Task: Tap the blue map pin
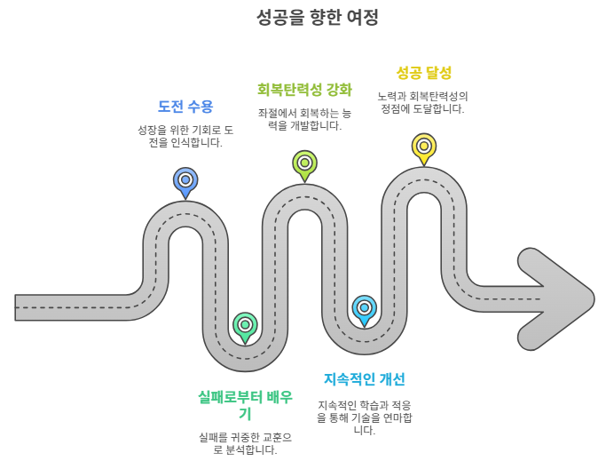click(x=185, y=180)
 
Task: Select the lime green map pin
click(x=304, y=163)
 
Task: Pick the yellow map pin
click(x=424, y=147)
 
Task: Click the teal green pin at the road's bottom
click(x=245, y=325)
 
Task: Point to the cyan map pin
click(x=364, y=308)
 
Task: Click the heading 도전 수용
click(x=185, y=107)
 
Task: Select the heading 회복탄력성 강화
click(x=304, y=90)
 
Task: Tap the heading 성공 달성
click(x=423, y=73)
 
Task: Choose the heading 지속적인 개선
click(x=364, y=379)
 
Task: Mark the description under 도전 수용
click(x=185, y=136)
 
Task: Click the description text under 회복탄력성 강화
click(x=304, y=120)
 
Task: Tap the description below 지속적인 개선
click(x=364, y=417)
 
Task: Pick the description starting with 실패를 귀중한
click(x=245, y=443)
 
